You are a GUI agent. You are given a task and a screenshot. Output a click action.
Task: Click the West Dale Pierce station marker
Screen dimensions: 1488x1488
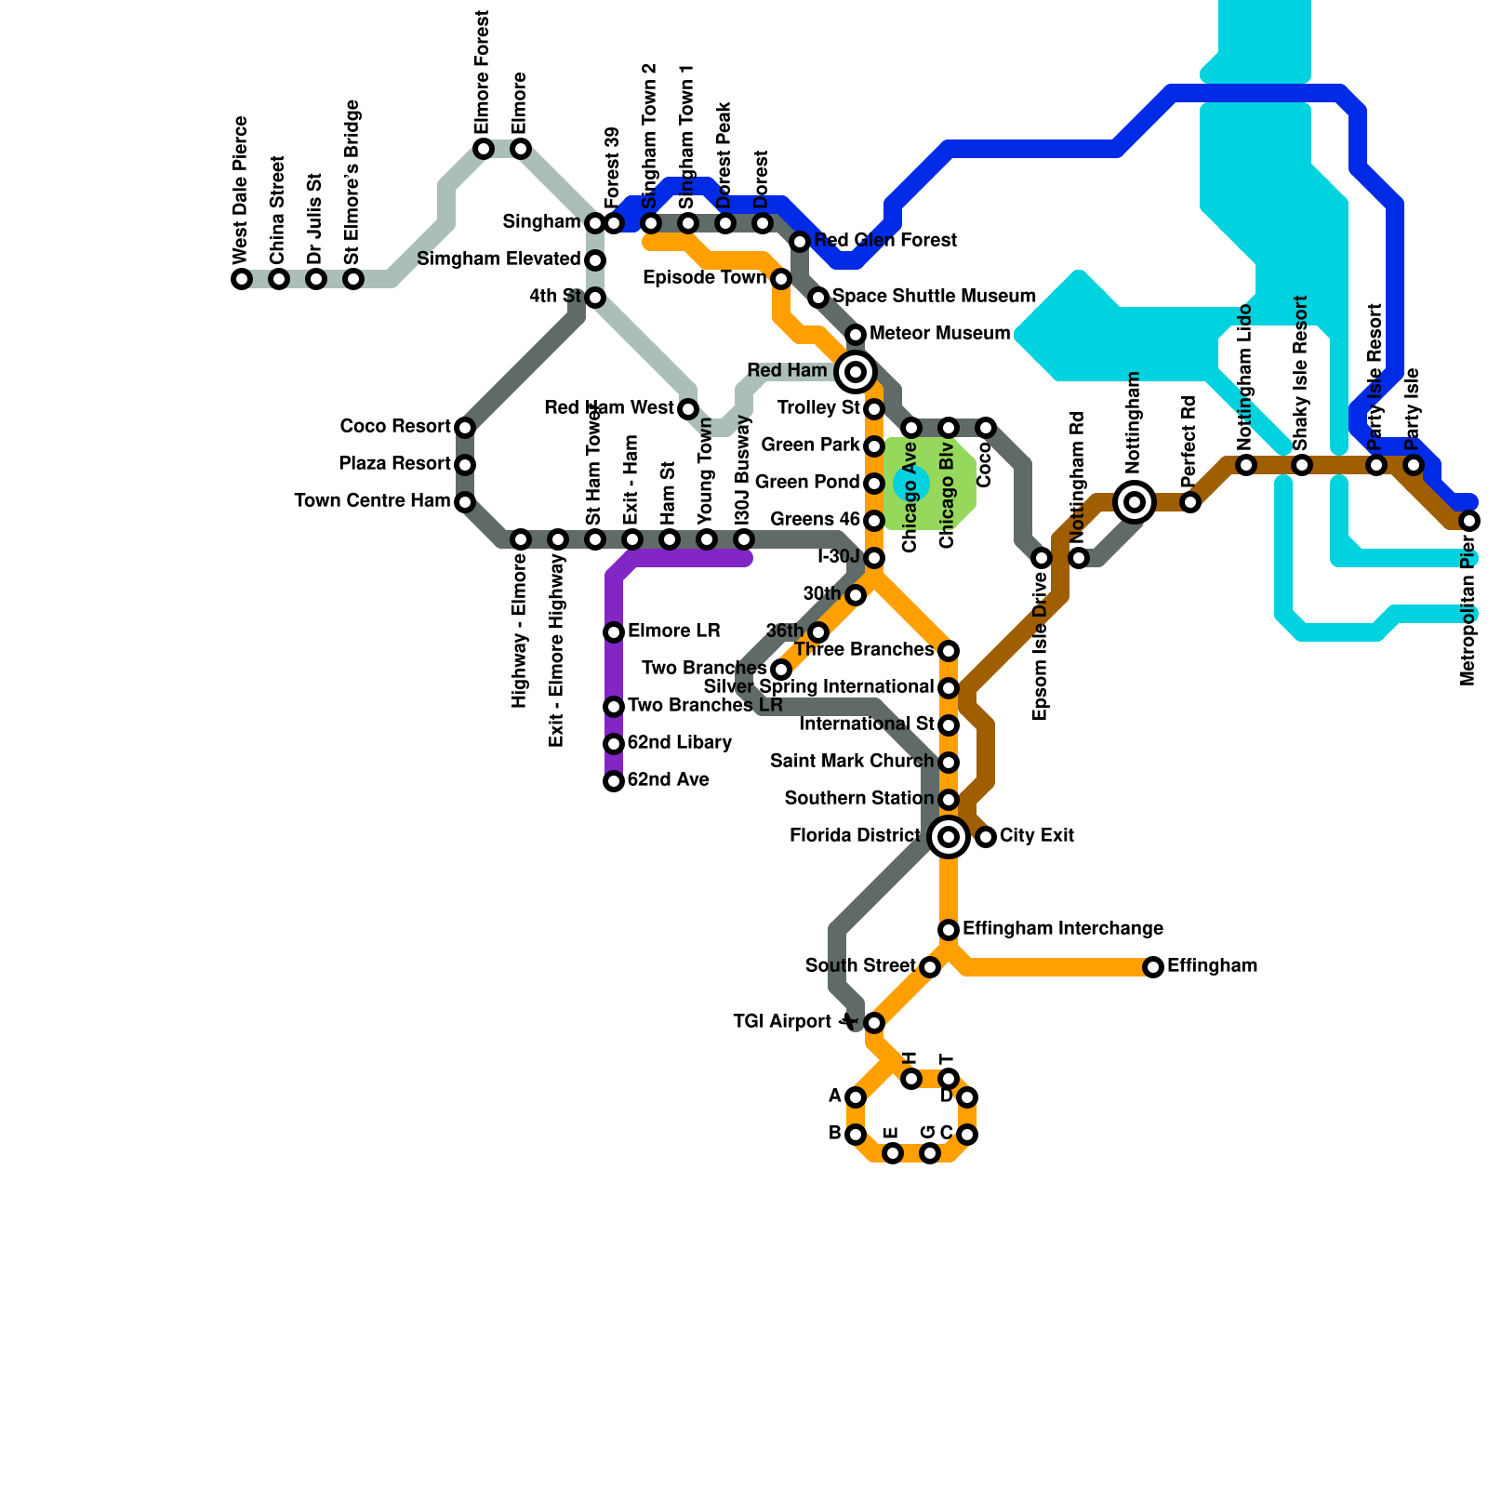[x=242, y=279]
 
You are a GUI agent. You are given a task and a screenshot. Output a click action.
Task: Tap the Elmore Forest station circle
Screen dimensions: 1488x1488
[x=484, y=149]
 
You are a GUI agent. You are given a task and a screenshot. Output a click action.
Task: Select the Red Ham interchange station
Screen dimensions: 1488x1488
[x=856, y=372]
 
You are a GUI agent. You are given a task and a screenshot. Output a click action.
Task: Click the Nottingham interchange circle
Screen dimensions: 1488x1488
[x=1135, y=502]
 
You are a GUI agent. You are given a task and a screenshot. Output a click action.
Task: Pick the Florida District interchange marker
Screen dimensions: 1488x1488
[x=949, y=837]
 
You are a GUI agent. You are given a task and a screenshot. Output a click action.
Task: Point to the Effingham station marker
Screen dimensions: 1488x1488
[x=1153, y=967]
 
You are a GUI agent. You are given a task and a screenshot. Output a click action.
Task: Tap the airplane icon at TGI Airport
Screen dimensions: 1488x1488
[x=847, y=1022]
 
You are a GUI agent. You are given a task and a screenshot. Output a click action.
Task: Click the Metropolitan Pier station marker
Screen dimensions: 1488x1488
[x=1469, y=521]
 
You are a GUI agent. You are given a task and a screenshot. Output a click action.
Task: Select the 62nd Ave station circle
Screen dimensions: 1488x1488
[x=614, y=781]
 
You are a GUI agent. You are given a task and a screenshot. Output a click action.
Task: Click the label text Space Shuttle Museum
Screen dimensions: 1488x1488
[x=934, y=296]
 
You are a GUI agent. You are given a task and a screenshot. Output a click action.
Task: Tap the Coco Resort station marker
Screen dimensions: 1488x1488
[x=465, y=428]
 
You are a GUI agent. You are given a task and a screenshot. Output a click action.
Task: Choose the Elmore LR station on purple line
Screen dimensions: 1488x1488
[x=614, y=632]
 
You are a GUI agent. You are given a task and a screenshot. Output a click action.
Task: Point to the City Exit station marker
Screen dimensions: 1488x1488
[x=986, y=837]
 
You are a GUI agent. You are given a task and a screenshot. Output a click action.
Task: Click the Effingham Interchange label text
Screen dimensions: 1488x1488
[x=1063, y=928]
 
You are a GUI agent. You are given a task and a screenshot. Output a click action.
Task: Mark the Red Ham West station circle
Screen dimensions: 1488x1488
[x=688, y=409]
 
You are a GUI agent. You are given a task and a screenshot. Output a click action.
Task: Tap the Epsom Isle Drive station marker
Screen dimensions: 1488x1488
[x=1042, y=558]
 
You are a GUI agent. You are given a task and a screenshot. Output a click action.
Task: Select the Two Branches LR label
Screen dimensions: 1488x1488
[x=705, y=705]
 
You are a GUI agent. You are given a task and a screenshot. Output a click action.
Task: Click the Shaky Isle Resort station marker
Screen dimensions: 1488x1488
[x=1302, y=465]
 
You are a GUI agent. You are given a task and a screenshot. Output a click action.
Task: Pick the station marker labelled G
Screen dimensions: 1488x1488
[x=930, y=1153]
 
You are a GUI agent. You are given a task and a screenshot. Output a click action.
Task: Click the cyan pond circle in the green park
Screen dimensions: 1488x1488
[x=911, y=484]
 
